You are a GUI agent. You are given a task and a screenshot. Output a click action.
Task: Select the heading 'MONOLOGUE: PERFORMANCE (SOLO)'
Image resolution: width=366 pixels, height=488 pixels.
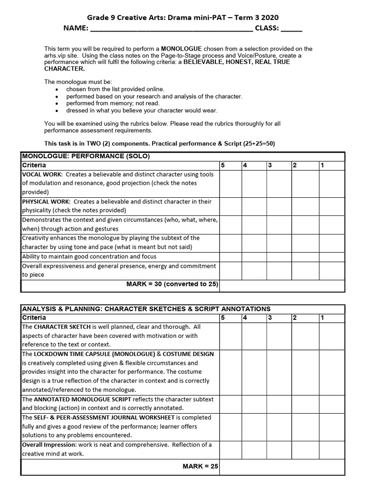(86, 156)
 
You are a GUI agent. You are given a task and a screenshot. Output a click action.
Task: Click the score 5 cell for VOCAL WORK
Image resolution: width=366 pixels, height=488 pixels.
(230, 183)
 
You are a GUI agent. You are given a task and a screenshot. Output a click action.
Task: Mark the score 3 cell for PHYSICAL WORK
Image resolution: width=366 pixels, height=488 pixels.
(278, 206)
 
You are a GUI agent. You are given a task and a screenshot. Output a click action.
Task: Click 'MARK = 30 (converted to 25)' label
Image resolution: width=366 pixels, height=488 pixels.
(172, 285)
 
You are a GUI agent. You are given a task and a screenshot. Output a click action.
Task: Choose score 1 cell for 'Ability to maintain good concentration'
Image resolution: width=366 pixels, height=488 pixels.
(331, 256)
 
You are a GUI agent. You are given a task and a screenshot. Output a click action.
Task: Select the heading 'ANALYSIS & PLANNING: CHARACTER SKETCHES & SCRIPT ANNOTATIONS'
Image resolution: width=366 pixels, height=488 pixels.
(146, 309)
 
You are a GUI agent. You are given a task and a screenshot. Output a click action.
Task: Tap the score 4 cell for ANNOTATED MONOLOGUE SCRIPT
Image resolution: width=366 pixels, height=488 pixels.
(254, 404)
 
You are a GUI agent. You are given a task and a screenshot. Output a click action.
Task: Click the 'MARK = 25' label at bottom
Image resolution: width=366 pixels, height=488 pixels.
(200, 467)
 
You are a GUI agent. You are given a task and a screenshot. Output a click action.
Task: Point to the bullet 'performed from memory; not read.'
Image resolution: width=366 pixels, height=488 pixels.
(113, 103)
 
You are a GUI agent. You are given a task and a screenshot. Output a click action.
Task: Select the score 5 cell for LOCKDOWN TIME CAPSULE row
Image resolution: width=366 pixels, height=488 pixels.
(230, 372)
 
